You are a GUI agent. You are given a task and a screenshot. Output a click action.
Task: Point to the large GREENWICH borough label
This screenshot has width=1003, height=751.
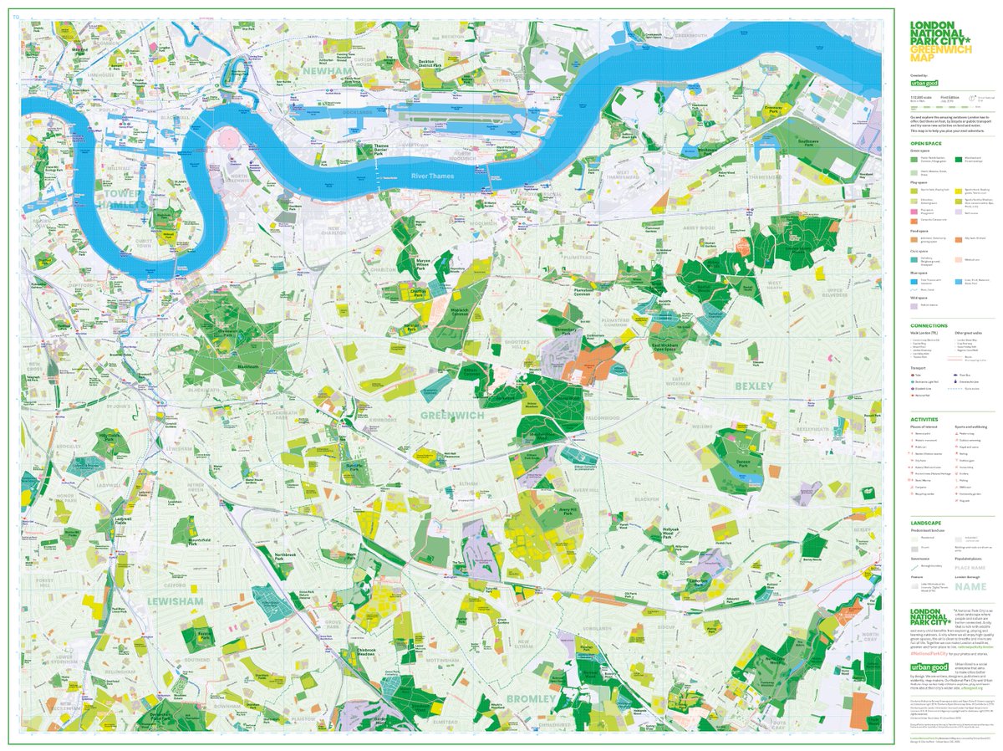[453, 415]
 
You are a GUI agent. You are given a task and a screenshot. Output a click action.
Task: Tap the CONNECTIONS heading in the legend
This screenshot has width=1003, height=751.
[929, 325]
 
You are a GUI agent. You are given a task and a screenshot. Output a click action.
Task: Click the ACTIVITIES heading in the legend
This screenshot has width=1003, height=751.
[925, 420]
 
